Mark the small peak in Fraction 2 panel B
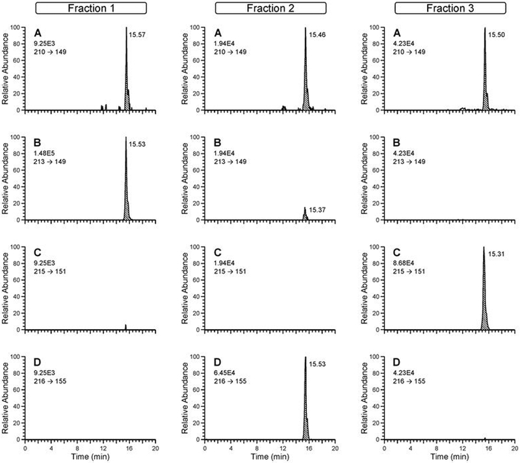[x=305, y=215]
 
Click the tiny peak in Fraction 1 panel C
[x=125, y=327]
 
